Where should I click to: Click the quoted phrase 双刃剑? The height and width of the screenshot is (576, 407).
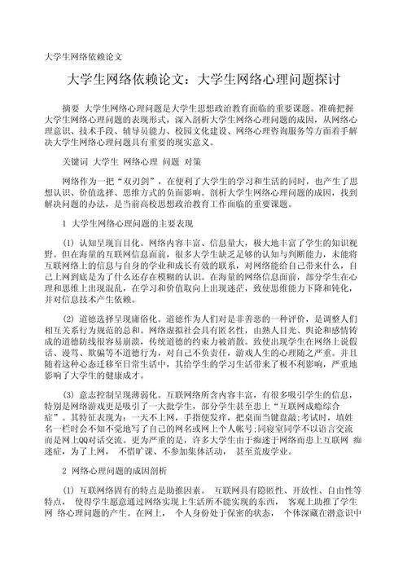click(156, 181)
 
